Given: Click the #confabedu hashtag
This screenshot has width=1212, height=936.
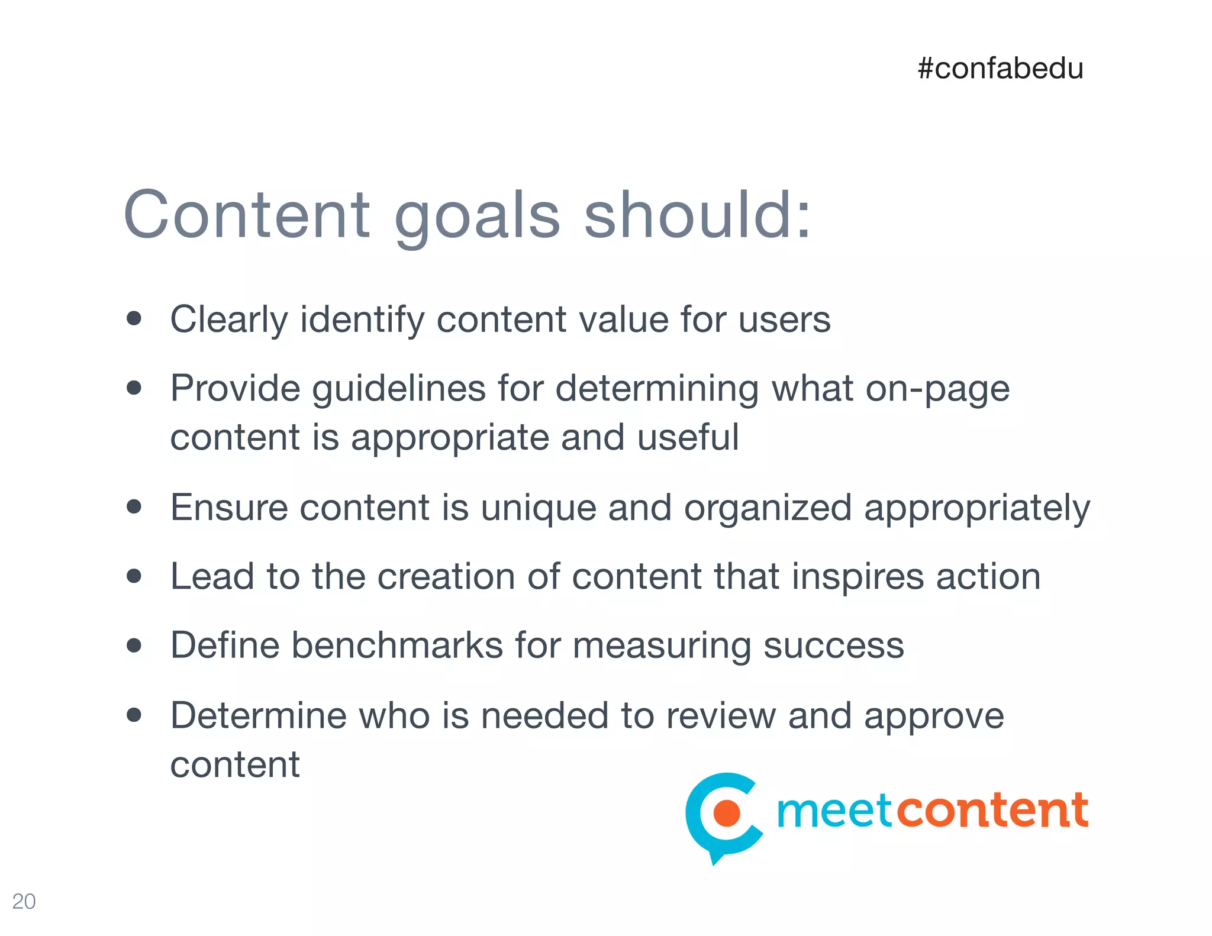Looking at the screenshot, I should pos(1000,69).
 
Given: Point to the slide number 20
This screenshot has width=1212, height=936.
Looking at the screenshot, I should pos(24,901).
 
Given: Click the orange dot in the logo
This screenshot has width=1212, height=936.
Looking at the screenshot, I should pos(727,813).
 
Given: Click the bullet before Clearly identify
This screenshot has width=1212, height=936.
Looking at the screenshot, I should pos(134,319).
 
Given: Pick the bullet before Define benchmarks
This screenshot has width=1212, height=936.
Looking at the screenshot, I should pos(134,645).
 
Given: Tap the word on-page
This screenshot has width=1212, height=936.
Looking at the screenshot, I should pos(937,389).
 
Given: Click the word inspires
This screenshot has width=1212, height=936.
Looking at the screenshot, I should pos(858,577).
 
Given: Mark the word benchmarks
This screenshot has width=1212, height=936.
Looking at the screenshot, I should pos(397,645).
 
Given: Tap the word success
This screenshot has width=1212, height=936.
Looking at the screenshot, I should pos(833,645).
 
